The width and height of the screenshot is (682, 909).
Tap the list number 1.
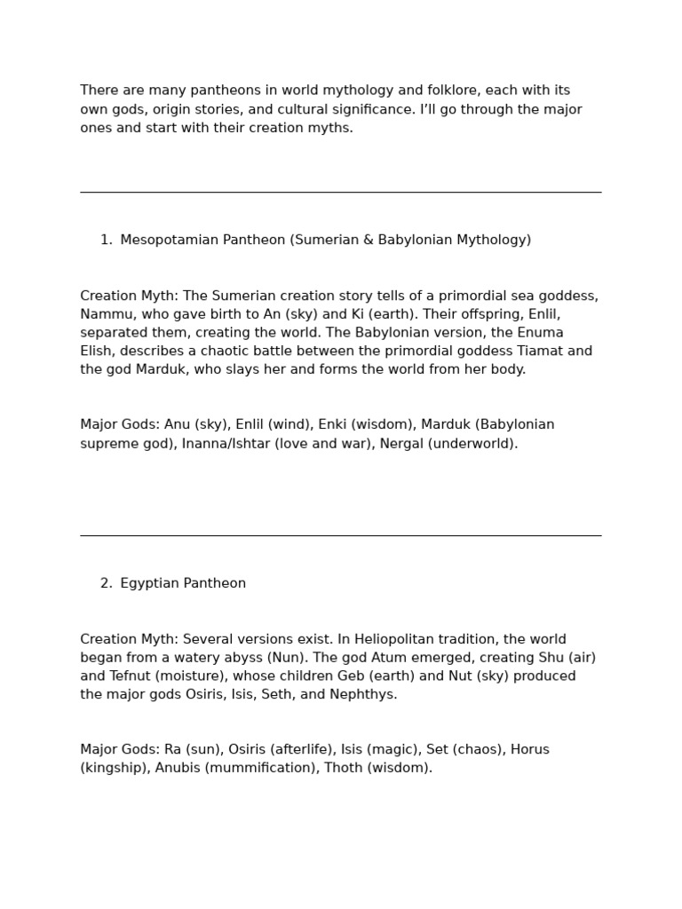pos(106,240)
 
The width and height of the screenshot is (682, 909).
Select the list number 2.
pos(106,583)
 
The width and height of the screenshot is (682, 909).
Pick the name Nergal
pos(401,443)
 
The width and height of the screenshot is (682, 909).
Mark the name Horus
pos(530,749)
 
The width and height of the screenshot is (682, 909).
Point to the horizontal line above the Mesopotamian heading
pos(340,192)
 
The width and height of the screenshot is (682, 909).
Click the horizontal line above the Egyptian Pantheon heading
pos(340,535)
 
